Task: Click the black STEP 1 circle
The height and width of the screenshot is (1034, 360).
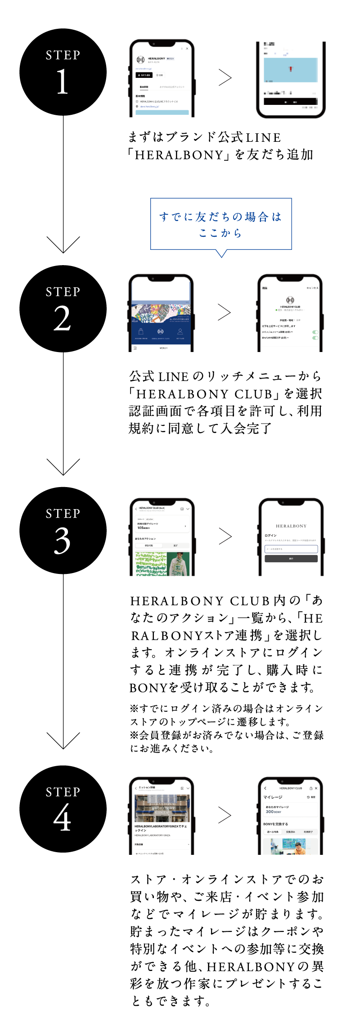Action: [63, 72]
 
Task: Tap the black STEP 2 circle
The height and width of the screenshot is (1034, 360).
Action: [63, 309]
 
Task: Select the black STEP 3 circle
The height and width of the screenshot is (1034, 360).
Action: [63, 530]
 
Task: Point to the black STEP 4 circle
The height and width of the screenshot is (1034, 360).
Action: [63, 809]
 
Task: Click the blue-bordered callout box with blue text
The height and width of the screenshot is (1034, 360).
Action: [220, 224]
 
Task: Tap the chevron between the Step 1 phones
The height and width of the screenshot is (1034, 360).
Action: [225, 78]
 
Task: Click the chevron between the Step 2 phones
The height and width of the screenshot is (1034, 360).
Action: [224, 312]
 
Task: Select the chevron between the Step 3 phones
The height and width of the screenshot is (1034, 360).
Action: [225, 536]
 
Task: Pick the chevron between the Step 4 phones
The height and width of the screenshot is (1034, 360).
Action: [225, 815]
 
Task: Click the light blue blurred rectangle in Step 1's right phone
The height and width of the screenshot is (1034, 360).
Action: [290, 69]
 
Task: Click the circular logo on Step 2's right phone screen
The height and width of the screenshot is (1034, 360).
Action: [290, 300]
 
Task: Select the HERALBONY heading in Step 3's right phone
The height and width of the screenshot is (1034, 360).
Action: [291, 526]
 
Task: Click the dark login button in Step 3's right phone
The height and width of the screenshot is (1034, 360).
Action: [291, 559]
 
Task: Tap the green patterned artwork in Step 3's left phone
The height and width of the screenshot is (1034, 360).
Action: [151, 564]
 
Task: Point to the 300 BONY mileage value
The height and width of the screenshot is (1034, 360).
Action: [273, 812]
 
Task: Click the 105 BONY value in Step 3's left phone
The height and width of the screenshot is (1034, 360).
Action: [144, 528]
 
